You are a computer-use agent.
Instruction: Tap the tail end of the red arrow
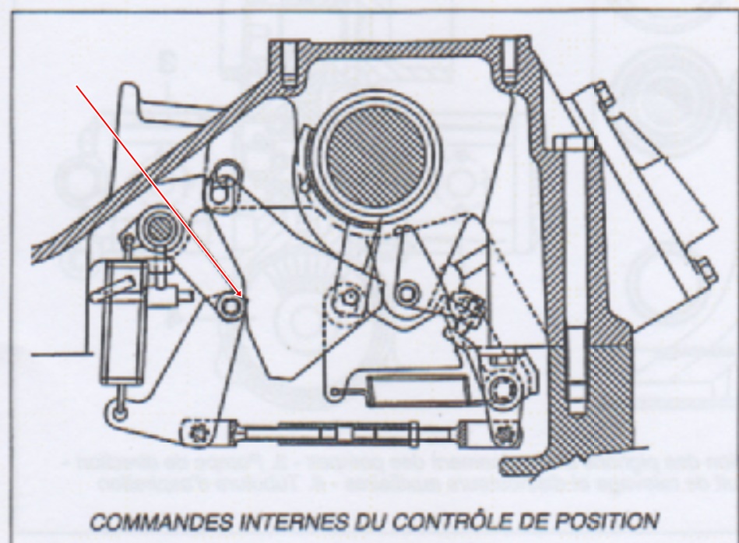click(76, 83)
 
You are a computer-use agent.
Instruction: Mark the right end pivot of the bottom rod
click(509, 431)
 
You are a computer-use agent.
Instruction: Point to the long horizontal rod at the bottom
click(350, 431)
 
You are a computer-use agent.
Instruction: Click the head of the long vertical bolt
click(566, 143)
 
